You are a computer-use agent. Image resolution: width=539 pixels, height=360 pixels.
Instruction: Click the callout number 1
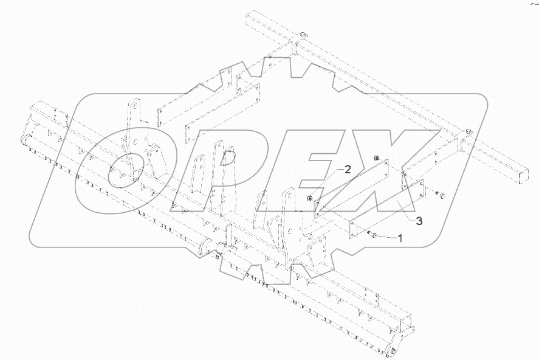point(399,238)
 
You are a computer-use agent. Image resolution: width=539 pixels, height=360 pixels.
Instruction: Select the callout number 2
point(347,170)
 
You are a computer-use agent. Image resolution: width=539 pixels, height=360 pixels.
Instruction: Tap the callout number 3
point(419,220)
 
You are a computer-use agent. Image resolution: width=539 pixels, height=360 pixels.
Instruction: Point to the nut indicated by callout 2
point(311,196)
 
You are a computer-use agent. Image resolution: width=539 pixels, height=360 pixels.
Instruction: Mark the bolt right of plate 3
point(441,195)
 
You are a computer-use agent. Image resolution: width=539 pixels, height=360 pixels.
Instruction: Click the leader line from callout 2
point(328,183)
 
